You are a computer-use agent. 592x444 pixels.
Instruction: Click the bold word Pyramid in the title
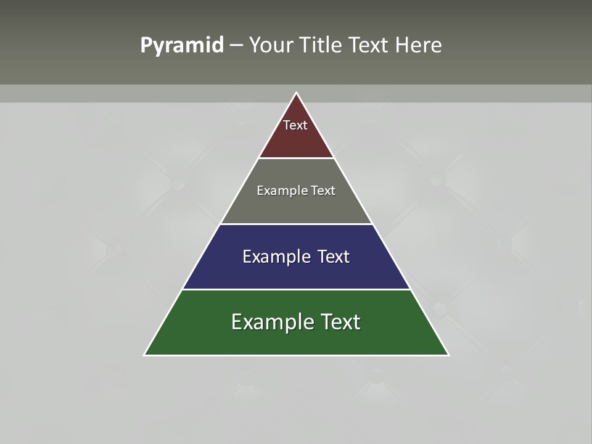(x=181, y=46)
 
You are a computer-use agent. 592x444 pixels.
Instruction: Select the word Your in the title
(x=269, y=46)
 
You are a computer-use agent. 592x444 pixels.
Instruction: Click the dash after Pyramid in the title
(x=236, y=46)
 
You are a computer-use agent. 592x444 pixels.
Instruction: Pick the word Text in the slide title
(x=369, y=46)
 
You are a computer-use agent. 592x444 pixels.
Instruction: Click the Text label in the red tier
(x=295, y=125)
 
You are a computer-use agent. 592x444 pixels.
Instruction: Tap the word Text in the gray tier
(x=323, y=191)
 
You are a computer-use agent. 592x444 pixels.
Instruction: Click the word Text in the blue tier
(x=334, y=257)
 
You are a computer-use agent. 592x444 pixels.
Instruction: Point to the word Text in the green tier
(x=339, y=322)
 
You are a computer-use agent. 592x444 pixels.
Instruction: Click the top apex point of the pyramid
(x=296, y=93)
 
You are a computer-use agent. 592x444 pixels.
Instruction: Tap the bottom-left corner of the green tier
(x=145, y=355)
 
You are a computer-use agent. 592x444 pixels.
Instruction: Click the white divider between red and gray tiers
(x=296, y=158)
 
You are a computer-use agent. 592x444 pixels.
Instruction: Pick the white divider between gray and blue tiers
(x=296, y=224)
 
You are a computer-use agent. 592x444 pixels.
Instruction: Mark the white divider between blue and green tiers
(x=296, y=289)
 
